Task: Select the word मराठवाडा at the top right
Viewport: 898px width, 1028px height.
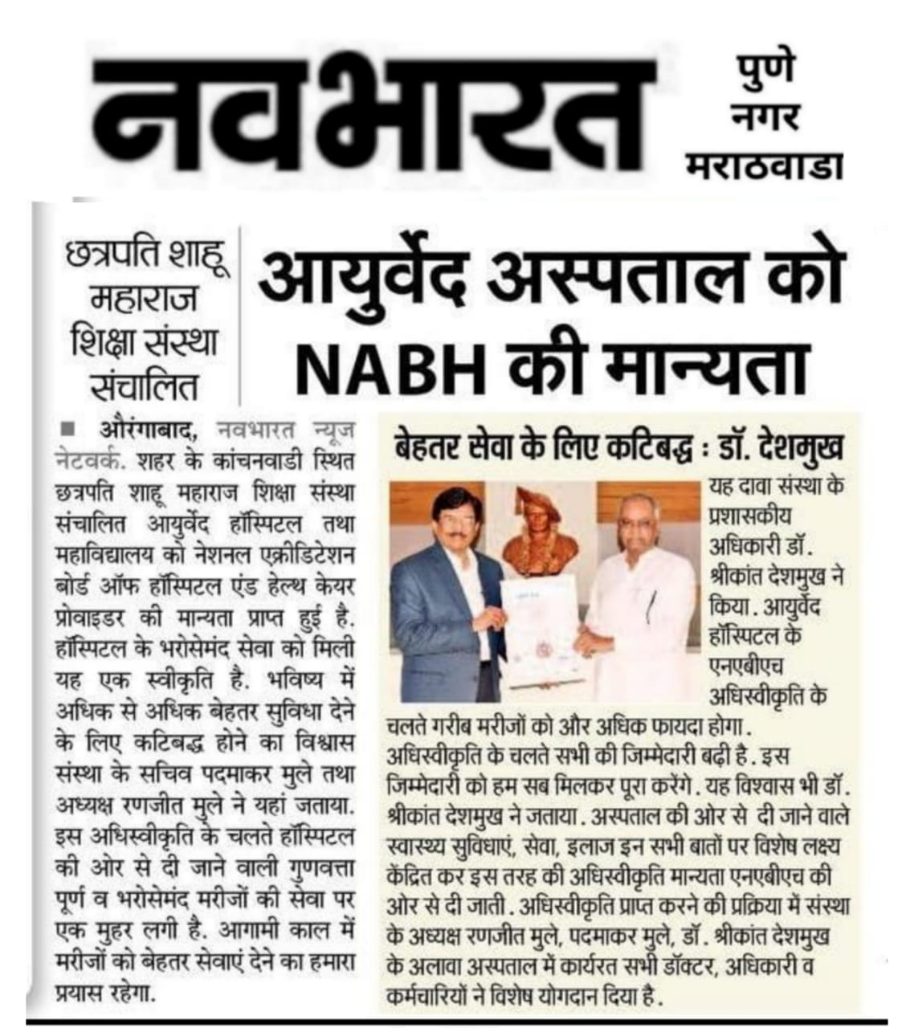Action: (x=765, y=166)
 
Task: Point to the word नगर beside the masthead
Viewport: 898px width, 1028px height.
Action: (x=764, y=118)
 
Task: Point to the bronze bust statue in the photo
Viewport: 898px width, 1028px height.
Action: (x=537, y=534)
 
